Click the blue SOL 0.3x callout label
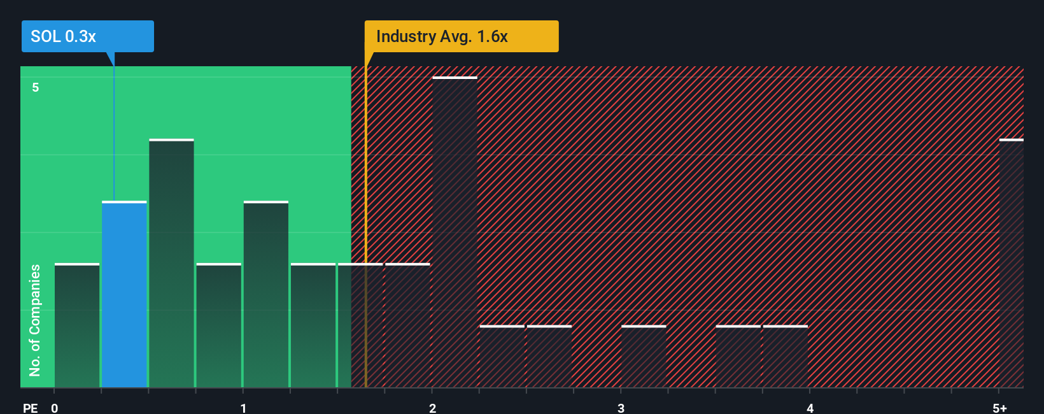tap(87, 36)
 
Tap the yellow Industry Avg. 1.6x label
tap(461, 36)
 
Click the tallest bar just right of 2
tap(455, 232)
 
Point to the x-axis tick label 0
tap(55, 408)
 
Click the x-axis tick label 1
tap(243, 408)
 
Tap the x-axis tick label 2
tap(432, 408)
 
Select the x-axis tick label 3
tap(621, 408)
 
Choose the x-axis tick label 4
tap(810, 408)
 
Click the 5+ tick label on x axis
tap(999, 408)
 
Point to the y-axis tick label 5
tap(36, 87)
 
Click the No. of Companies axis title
tap(35, 320)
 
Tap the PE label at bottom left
tap(30, 408)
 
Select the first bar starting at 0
tap(77, 325)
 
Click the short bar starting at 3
tap(644, 357)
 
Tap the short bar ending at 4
tap(786, 357)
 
